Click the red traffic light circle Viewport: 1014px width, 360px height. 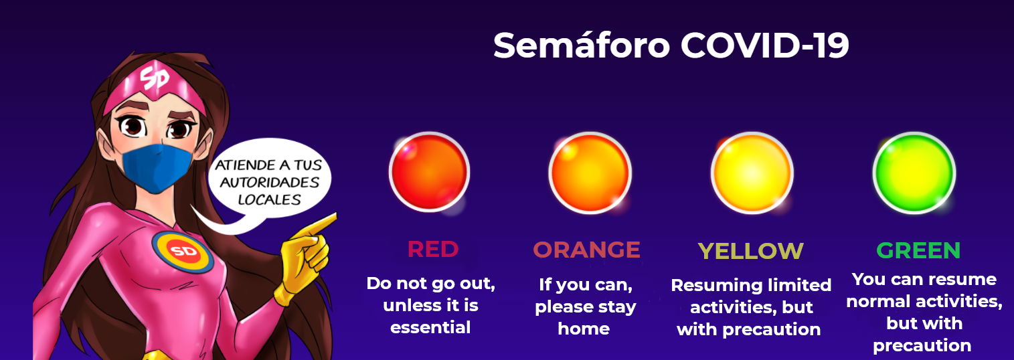pyautogui.click(x=429, y=172)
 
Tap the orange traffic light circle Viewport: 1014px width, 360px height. pyautogui.click(x=590, y=173)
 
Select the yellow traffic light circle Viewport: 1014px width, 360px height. pyautogui.click(x=752, y=173)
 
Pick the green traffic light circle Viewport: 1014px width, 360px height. pyautogui.click(x=914, y=173)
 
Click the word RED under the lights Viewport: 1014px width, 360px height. pyautogui.click(x=433, y=250)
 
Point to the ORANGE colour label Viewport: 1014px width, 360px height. pyautogui.click(x=587, y=250)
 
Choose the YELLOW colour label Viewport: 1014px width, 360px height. pyautogui.click(x=750, y=251)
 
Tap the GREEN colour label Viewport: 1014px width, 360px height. pyautogui.click(x=918, y=250)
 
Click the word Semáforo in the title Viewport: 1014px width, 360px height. pyautogui.click(x=581, y=46)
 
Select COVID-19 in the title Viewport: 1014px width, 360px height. pyautogui.click(x=764, y=46)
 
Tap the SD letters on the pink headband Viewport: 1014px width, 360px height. pyautogui.click(x=155, y=78)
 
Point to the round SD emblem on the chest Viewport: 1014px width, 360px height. pyautogui.click(x=183, y=252)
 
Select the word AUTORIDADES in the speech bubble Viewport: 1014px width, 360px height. pyautogui.click(x=270, y=183)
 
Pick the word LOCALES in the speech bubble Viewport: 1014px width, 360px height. pyautogui.click(x=269, y=199)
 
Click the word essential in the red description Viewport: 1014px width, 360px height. pyautogui.click(x=430, y=327)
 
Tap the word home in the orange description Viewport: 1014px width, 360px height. pyautogui.click(x=584, y=329)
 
